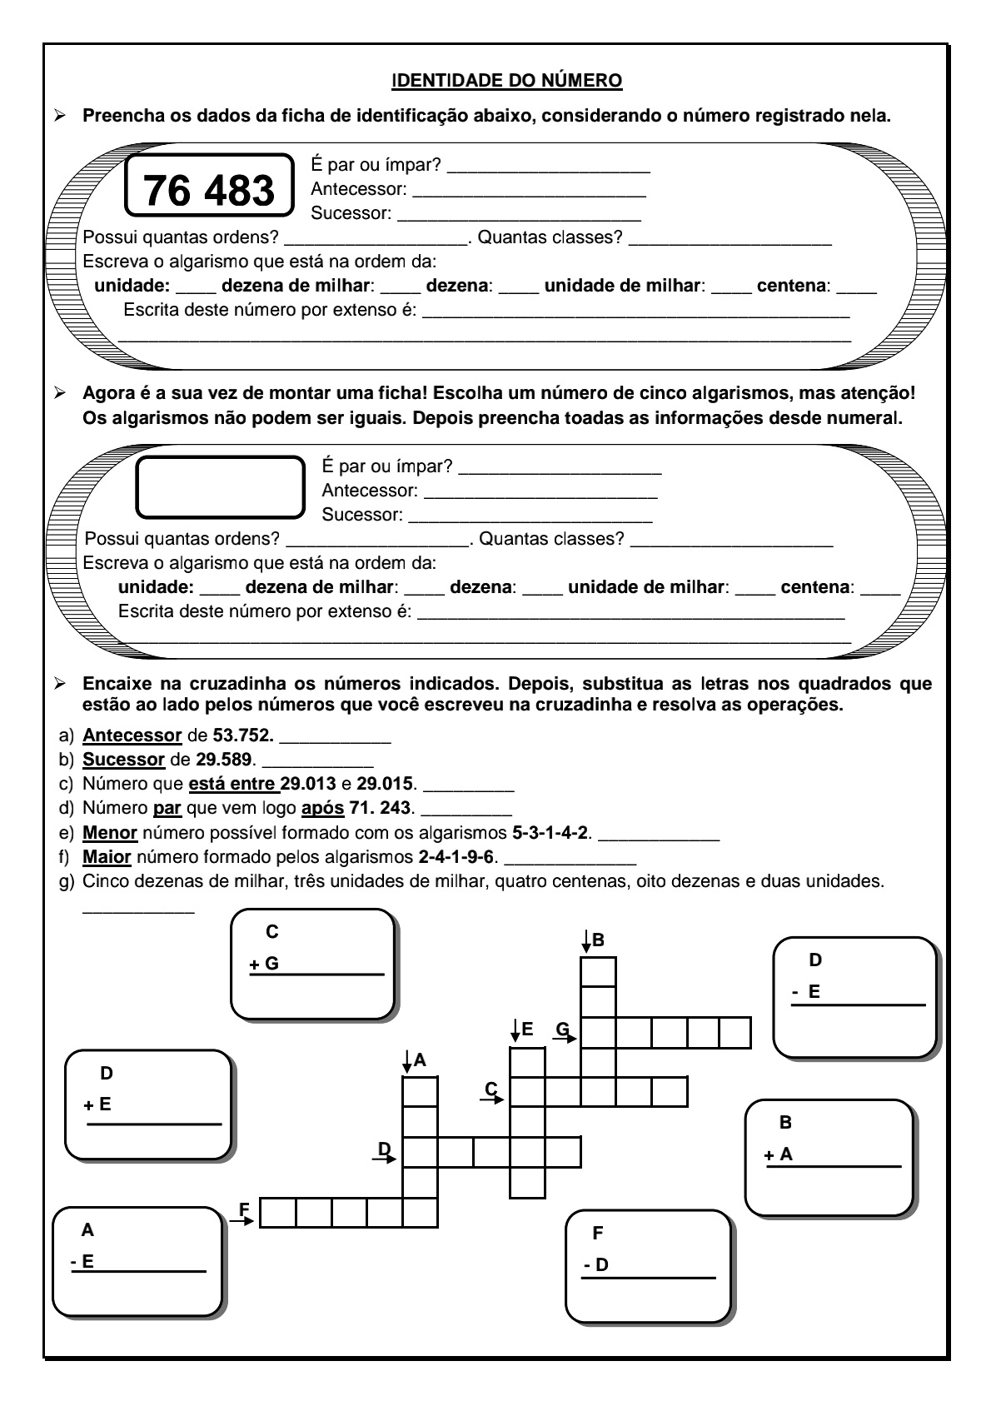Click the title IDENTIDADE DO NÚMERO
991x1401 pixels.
pyautogui.click(x=506, y=81)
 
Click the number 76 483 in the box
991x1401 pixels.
pyautogui.click(x=209, y=190)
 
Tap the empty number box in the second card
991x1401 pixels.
pyautogui.click(x=221, y=486)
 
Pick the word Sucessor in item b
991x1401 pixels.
pyautogui.click(x=123, y=760)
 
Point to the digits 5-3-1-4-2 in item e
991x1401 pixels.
pyautogui.click(x=551, y=833)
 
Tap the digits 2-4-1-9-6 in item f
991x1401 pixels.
pyautogui.click(x=456, y=857)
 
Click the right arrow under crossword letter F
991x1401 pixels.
pyautogui.click(x=241, y=1221)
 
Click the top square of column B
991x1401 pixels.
pyautogui.click(x=598, y=972)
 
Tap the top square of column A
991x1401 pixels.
pyautogui.click(x=420, y=1091)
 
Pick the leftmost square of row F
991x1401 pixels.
pyautogui.click(x=277, y=1213)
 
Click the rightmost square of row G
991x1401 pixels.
pyautogui.click(x=735, y=1033)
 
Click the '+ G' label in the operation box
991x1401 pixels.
pyautogui.click(x=264, y=965)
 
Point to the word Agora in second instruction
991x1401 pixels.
pyautogui.click(x=106, y=392)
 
